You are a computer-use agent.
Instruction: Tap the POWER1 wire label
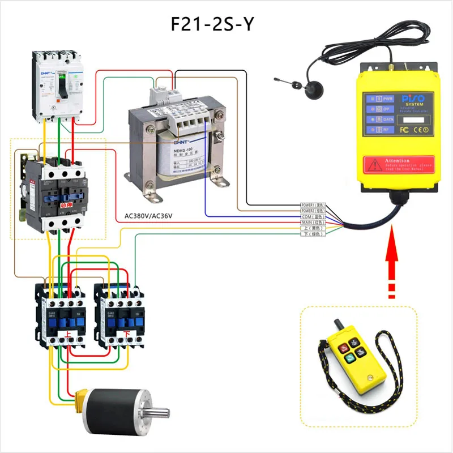pos(313,204)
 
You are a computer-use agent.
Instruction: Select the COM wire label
pos(313,216)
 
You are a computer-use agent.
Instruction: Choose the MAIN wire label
pos(313,222)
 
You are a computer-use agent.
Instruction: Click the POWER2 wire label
pos(313,210)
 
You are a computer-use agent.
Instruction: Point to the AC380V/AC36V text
pos(148,216)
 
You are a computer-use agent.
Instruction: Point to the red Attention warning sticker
pos(397,164)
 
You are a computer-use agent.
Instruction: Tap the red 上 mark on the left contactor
pos(69,336)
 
